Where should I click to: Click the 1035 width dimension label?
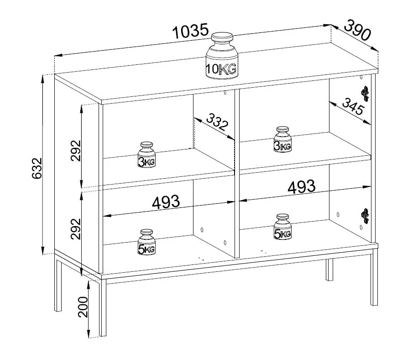[x=190, y=31]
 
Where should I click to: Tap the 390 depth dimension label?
[x=357, y=30]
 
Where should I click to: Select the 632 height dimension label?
[x=37, y=168]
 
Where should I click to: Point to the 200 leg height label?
[x=83, y=307]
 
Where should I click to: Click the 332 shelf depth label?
[x=217, y=122]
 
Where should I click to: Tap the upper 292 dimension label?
[x=76, y=150]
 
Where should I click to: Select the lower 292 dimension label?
[x=76, y=229]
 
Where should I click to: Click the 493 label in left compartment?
[x=166, y=202]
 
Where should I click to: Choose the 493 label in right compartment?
[x=302, y=186]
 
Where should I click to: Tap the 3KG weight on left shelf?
[x=146, y=155]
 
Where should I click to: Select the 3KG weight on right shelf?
[x=282, y=139]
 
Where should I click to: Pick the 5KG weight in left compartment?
[x=146, y=242]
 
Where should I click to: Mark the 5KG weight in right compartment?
[x=282, y=227]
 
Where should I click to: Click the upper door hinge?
[x=365, y=94]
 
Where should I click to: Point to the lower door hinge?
[x=365, y=216]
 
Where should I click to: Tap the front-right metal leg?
[x=374, y=279]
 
